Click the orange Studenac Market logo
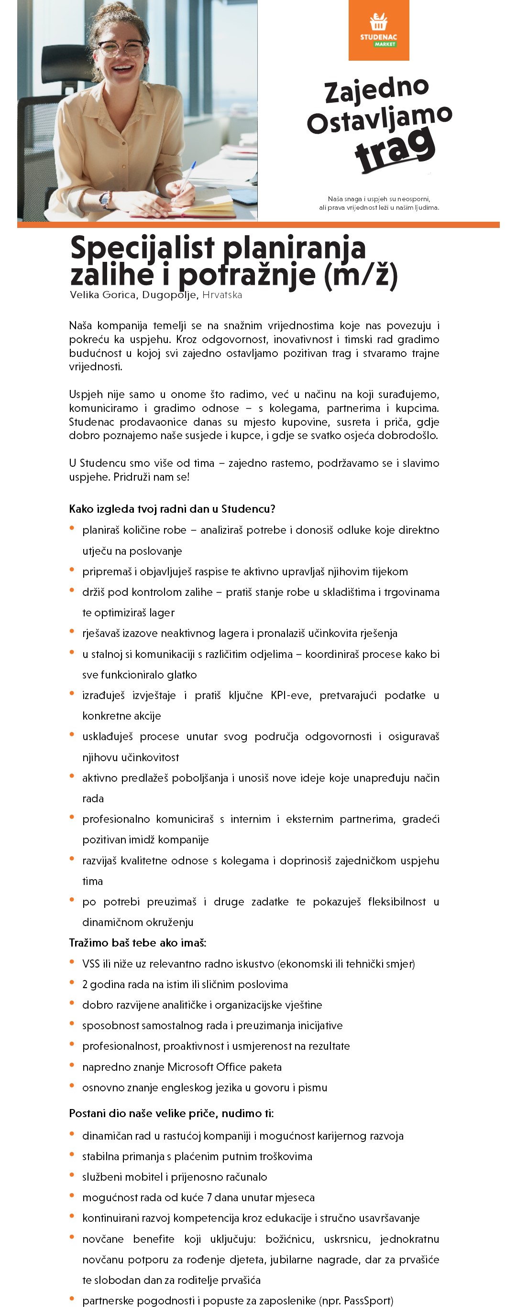(x=378, y=30)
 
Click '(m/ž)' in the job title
(x=360, y=275)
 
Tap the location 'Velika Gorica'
(x=102, y=295)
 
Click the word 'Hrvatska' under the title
(x=222, y=295)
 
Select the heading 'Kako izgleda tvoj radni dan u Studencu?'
(x=172, y=508)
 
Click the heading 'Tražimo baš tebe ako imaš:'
(x=137, y=943)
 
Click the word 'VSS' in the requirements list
(x=91, y=964)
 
